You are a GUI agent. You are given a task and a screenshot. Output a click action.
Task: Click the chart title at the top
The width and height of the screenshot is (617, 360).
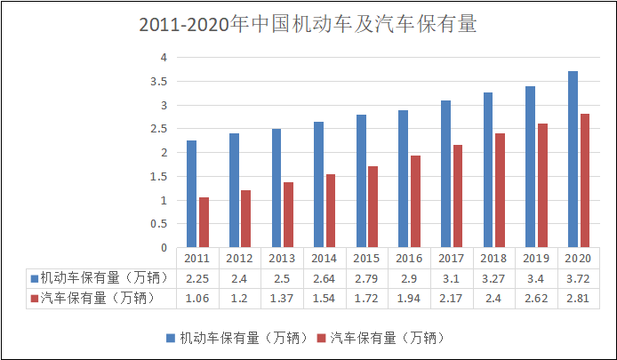308,24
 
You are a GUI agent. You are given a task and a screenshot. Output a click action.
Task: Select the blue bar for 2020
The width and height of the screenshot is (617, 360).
573,159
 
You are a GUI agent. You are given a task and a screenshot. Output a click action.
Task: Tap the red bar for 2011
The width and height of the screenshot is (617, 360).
204,222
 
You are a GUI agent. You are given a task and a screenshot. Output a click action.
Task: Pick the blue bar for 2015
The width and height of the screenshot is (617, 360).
361,181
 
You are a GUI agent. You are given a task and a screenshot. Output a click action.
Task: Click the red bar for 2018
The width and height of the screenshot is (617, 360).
501,190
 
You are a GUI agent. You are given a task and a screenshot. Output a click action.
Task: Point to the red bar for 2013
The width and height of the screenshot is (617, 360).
289,215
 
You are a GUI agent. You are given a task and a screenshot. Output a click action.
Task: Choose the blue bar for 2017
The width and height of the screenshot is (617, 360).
445,174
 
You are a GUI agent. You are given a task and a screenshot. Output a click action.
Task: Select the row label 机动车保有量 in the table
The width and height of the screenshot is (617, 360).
97,277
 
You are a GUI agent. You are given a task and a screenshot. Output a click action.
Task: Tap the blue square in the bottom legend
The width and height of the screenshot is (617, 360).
170,338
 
